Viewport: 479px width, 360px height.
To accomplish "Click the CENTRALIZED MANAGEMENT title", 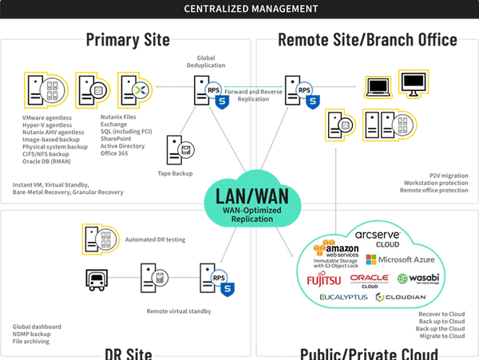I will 239,10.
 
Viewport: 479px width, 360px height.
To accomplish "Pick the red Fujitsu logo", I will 323,279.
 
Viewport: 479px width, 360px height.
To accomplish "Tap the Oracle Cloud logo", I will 368,279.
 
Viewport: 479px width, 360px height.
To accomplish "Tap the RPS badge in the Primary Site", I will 213,90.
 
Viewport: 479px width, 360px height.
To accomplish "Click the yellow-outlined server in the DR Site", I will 101,237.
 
